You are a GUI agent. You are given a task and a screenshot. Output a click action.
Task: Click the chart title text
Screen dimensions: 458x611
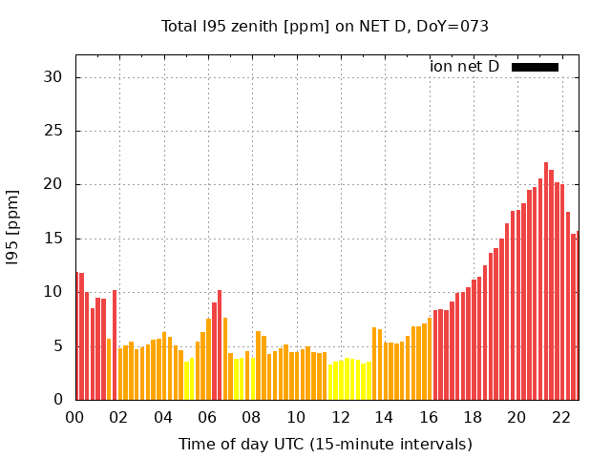point(325,27)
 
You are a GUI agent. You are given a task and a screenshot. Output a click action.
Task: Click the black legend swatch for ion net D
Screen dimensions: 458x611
point(535,67)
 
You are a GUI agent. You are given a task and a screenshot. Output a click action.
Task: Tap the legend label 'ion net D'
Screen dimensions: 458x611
point(464,67)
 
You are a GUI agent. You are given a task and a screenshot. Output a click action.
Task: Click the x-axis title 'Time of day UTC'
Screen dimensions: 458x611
point(325,444)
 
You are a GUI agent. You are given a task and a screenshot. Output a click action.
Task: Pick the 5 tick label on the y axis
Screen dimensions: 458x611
point(59,345)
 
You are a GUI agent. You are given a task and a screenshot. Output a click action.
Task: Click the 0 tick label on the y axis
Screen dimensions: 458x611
point(59,400)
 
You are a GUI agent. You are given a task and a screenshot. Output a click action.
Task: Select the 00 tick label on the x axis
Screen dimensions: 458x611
point(74,417)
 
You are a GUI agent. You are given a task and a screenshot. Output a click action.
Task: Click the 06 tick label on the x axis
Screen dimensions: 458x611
point(207,417)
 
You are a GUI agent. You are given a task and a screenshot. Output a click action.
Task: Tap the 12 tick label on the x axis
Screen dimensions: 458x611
point(340,417)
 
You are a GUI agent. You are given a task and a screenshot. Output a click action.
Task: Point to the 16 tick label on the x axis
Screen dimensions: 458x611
point(428,417)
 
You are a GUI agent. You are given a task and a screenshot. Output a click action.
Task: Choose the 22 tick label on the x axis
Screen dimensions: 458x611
point(560,417)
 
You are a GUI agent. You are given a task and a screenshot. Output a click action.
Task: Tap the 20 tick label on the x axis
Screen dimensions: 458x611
point(516,417)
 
